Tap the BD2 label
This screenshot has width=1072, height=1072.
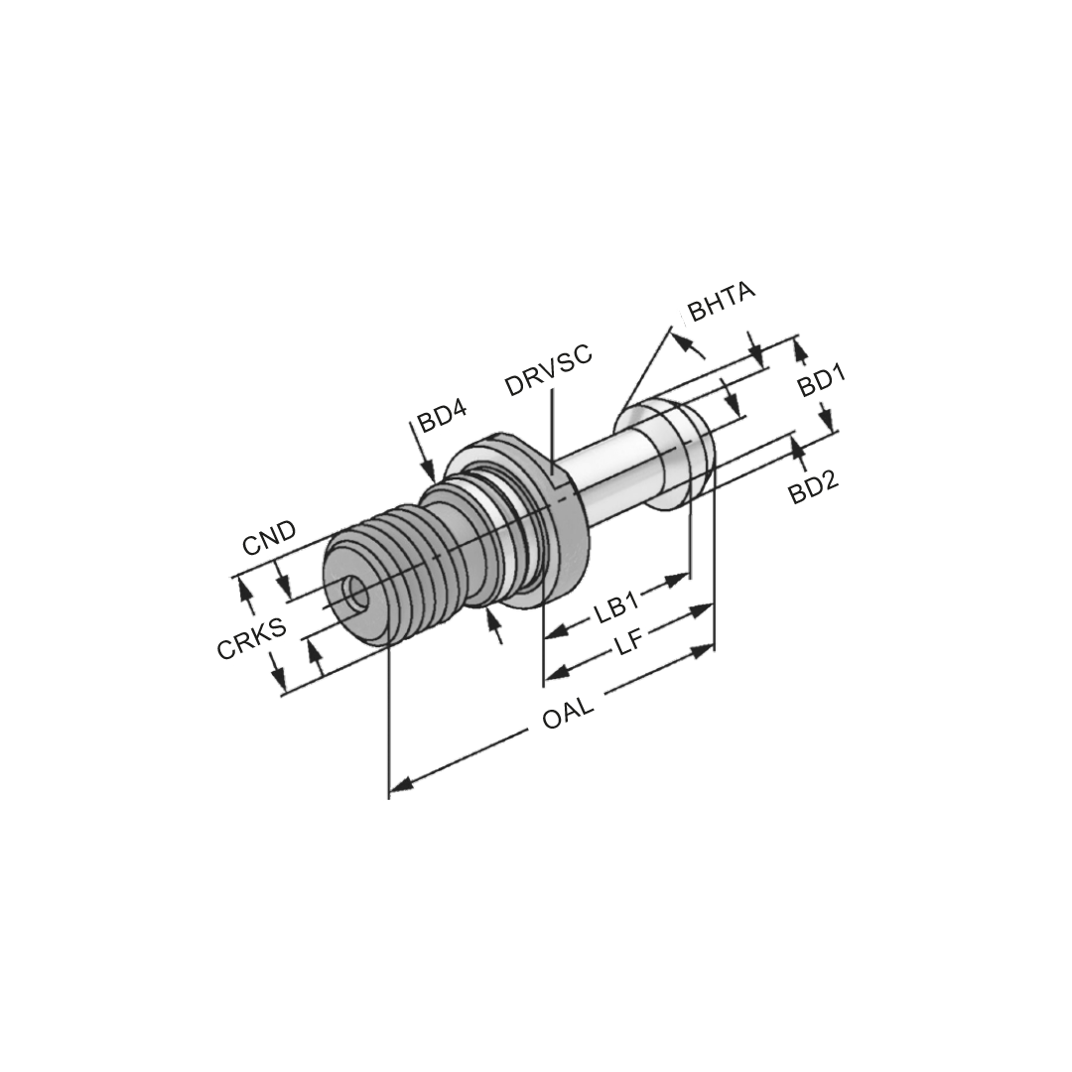point(814,485)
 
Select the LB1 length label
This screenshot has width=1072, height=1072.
point(618,605)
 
